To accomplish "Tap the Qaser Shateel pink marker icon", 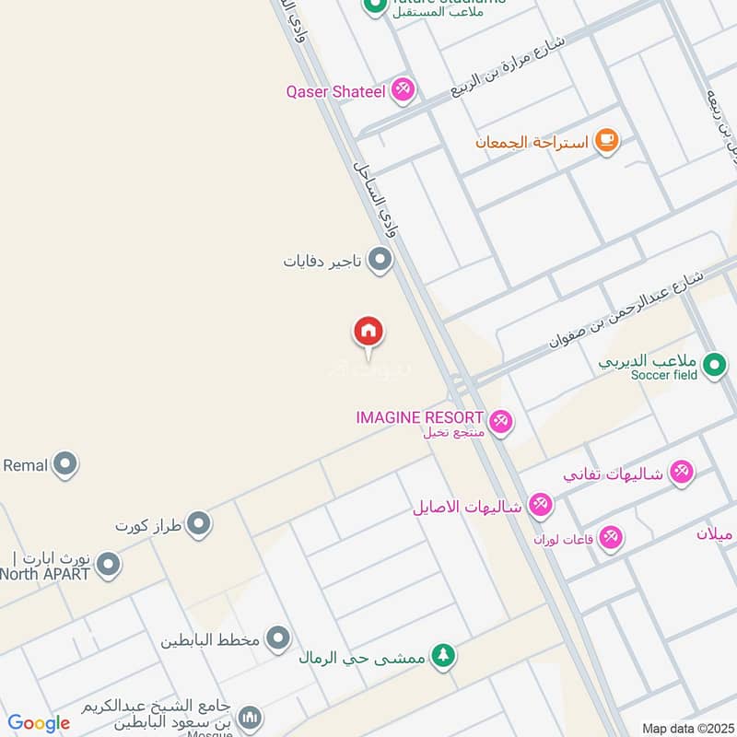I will coord(402,90).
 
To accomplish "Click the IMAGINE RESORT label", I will coord(419,417).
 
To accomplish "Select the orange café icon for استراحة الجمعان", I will coord(605,140).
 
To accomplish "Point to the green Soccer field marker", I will coord(714,367).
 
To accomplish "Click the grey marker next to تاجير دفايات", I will coord(380,261).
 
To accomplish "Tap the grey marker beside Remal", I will coord(64,465).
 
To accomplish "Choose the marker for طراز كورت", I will coord(198,525).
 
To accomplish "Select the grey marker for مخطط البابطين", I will coord(277,638).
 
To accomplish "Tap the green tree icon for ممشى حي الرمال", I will coord(444,657).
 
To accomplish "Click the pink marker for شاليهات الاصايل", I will coord(540,505).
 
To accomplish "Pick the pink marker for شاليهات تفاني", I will coord(681,473).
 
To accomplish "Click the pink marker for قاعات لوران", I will coord(611,537).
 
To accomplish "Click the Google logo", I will coord(38,723).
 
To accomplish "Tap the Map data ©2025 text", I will coord(685,728).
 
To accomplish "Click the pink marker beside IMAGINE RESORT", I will coord(501,423).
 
